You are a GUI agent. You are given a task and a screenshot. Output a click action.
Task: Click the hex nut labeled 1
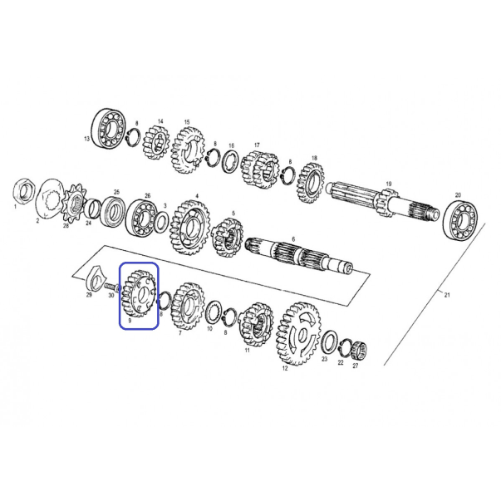pos(24,192)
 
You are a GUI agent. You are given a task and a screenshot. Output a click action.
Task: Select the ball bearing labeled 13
pos(109,129)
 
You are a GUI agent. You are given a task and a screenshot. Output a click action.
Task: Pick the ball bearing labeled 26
pos(142,218)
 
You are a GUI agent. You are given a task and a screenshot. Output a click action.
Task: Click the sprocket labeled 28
pos(75,202)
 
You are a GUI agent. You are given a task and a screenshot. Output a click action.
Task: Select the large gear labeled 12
pos(298,334)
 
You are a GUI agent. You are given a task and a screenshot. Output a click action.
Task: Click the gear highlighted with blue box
pos(139,293)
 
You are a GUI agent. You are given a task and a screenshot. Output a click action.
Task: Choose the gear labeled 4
pos(190,227)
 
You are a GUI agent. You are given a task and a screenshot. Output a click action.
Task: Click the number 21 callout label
pos(447,295)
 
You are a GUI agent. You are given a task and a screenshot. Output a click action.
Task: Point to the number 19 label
pos(389,184)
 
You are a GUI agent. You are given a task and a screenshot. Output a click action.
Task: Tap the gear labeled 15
pos(188,150)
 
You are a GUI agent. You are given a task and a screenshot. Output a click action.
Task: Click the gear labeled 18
pos(311,184)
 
